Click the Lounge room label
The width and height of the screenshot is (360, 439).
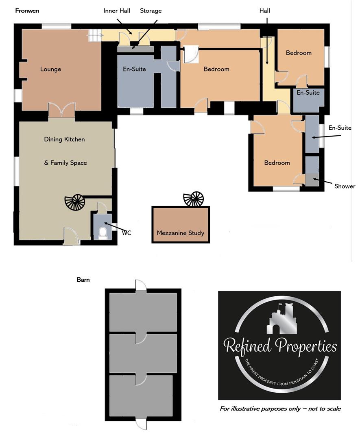(x=50, y=69)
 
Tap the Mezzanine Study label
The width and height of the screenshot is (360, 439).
(x=180, y=233)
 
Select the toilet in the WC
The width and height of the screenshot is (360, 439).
(x=103, y=233)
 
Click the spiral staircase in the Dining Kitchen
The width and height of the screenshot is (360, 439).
(x=75, y=202)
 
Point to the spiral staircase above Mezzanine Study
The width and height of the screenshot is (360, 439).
(x=194, y=199)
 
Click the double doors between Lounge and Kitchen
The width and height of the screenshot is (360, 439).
(x=61, y=111)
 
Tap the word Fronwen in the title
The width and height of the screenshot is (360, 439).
(x=27, y=11)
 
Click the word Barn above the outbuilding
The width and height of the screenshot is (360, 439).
(x=83, y=280)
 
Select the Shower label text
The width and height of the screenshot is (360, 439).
(x=345, y=187)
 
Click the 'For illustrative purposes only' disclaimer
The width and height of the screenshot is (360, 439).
(x=280, y=409)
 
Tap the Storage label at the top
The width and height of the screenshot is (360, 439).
(x=151, y=11)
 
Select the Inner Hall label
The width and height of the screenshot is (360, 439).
(x=117, y=11)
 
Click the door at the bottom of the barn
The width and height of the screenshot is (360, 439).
(x=140, y=425)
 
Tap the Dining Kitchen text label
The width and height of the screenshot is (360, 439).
(x=64, y=139)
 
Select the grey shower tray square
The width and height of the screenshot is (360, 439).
(x=312, y=180)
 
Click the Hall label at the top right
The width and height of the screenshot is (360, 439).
(x=264, y=11)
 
